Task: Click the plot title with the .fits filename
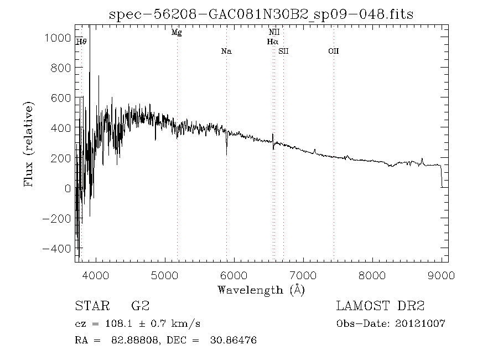click(x=261, y=14)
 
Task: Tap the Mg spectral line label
click(x=177, y=33)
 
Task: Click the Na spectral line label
click(x=226, y=52)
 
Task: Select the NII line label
click(x=273, y=33)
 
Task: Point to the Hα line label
click(x=272, y=42)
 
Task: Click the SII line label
click(x=283, y=52)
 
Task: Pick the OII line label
click(x=333, y=52)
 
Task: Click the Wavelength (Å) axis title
click(x=261, y=290)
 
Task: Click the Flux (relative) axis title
click(x=29, y=143)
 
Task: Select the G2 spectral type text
click(x=139, y=306)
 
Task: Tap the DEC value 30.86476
click(x=234, y=340)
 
